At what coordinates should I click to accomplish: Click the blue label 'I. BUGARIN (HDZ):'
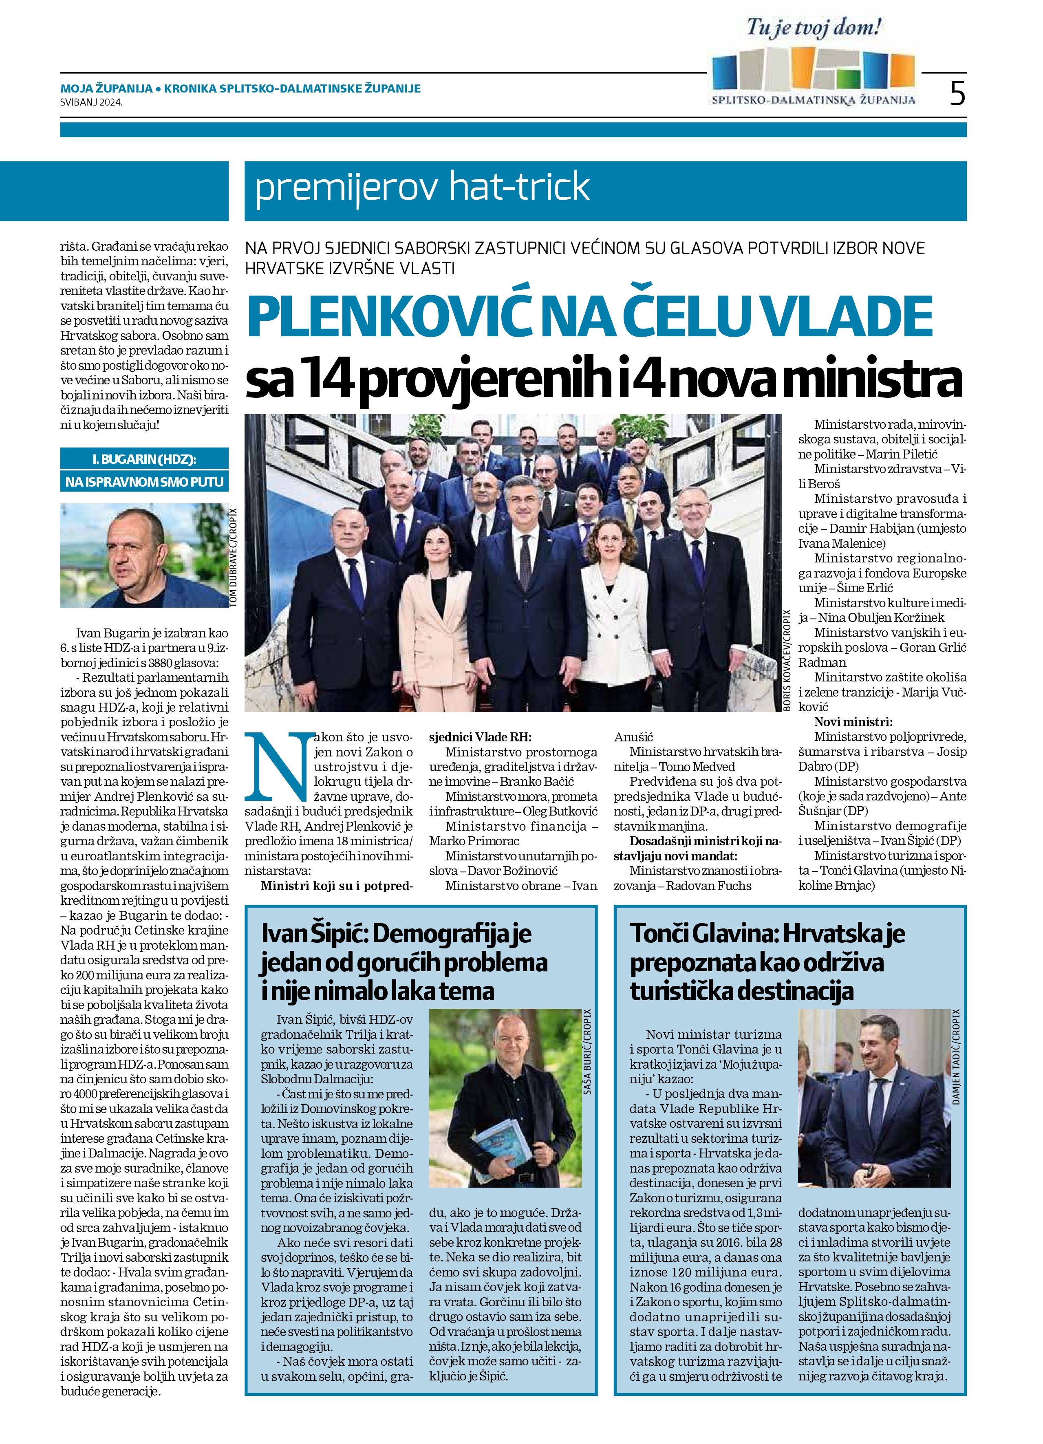[145, 459]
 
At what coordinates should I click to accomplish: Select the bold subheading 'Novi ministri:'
[853, 722]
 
